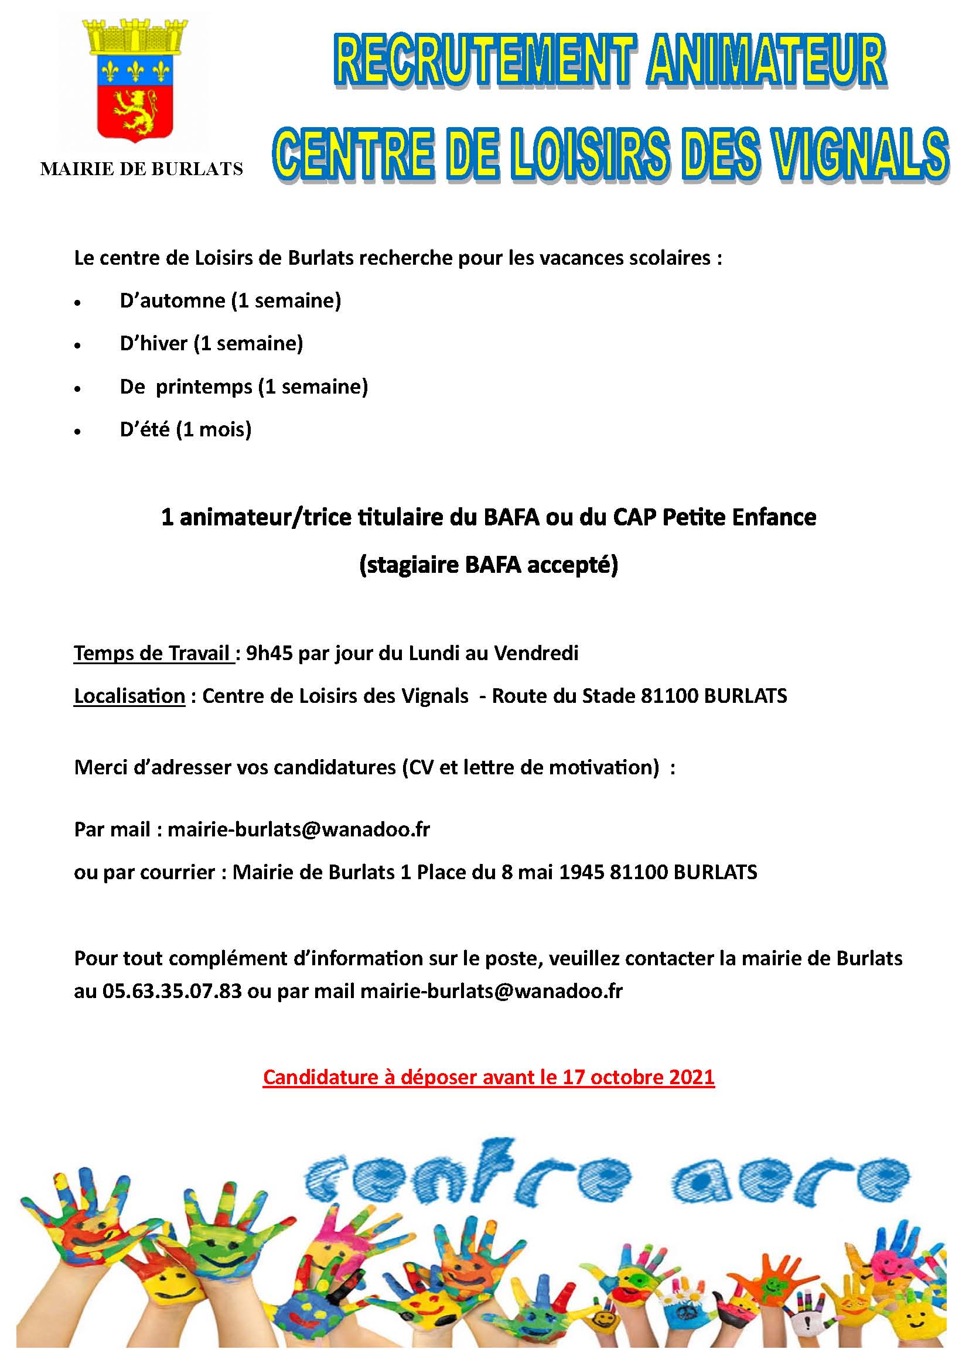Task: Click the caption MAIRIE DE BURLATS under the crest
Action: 141,169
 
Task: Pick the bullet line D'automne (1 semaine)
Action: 230,300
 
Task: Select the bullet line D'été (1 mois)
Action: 186,429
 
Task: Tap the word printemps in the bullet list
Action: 204,387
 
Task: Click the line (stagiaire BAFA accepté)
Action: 489,565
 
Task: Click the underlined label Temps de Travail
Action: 153,654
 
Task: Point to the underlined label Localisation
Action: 129,696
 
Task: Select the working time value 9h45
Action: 269,654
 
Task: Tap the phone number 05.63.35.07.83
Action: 172,991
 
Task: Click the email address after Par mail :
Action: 298,829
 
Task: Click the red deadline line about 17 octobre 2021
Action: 489,1077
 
